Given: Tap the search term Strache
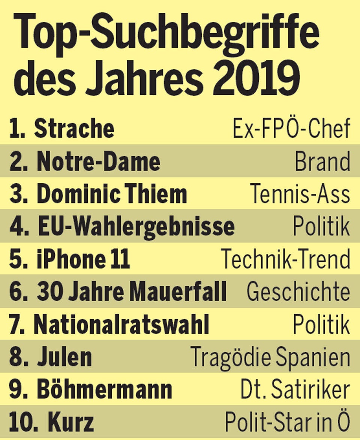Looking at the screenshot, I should coord(74,129).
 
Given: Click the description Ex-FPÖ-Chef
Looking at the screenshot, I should coord(291,129).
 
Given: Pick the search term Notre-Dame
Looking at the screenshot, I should coord(98,162).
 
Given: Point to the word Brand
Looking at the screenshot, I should coord(322,162).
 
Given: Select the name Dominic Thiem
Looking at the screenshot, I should coord(111,194).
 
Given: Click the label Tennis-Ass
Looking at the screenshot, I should coord(300,194).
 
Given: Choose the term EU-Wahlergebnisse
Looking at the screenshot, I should coord(136,226).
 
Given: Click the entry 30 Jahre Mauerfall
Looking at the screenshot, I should coord(132,292).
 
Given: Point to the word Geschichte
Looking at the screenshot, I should coord(298,292).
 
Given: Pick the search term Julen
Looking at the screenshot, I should coord(64,357).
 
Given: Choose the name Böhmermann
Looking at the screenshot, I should coord(104,390).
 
